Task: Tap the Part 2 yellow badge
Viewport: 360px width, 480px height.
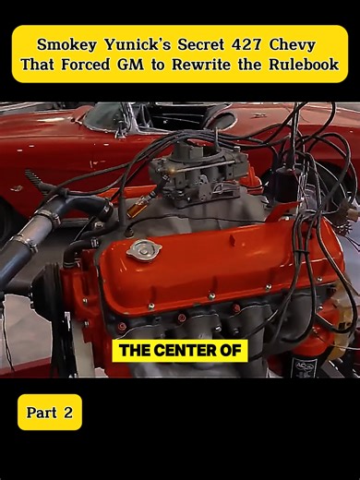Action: coord(50,413)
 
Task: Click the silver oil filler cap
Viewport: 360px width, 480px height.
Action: coord(143,248)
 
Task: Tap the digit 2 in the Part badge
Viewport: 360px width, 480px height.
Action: coord(67,413)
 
